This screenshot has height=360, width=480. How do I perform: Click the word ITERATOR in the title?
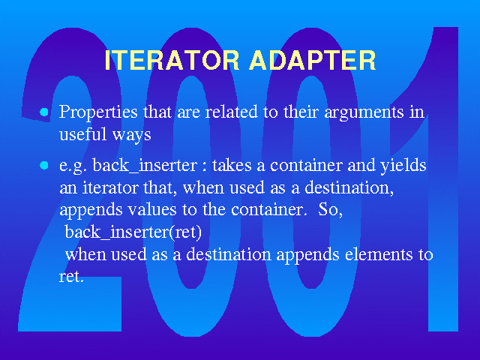coord(172,60)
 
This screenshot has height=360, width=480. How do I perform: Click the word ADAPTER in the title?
coord(313,60)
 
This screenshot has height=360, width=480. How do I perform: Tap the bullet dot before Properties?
coord(44,112)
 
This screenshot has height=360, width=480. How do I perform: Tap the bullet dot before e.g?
coord(44,166)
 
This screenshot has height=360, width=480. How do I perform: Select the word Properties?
coord(98,112)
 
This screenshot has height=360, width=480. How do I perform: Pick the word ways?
coord(132,135)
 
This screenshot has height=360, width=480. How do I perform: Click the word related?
coord(232,112)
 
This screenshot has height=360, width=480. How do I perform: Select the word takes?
coord(232,165)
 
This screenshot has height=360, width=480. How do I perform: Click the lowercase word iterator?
coord(110,187)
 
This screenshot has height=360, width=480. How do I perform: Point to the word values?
coord(151,210)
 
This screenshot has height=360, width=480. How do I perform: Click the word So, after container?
coord(330,210)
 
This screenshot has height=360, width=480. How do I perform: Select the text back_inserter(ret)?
coord(133,232)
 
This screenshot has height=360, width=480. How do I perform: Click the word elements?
coord(379,255)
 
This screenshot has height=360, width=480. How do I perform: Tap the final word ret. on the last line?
coord(71,277)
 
